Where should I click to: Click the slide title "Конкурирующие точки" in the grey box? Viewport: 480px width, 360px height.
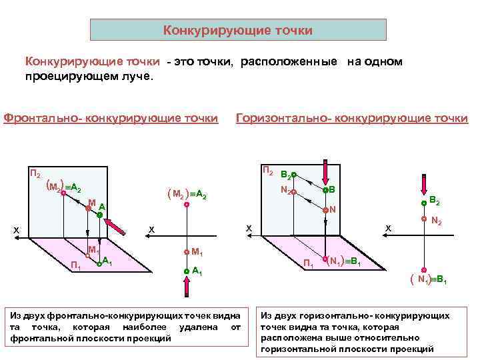238,31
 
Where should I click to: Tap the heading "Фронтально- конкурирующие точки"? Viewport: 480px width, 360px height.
111,118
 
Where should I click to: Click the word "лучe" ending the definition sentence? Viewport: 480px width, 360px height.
139,76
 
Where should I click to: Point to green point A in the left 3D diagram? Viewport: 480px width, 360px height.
99,215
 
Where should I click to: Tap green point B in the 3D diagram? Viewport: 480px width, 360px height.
325,190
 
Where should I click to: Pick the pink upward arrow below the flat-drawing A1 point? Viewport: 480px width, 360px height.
187,287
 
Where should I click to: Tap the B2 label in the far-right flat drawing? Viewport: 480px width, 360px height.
434,199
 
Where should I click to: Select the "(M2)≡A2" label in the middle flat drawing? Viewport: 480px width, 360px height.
188,195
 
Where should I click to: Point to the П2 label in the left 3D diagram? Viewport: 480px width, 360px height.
35,175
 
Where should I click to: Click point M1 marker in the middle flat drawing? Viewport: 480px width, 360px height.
187,252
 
